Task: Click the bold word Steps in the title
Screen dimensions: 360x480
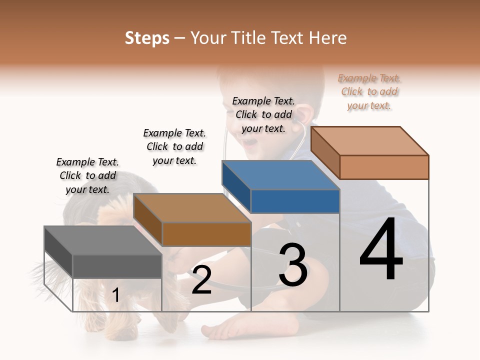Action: (147, 38)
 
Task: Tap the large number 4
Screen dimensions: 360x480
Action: (381, 250)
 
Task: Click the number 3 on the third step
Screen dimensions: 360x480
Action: (293, 265)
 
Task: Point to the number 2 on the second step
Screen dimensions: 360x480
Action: (201, 280)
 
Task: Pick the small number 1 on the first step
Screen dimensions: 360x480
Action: (116, 295)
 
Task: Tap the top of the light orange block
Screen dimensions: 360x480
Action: (370, 140)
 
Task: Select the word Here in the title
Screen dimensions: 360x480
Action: (328, 38)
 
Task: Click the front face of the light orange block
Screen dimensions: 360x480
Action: (384, 166)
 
